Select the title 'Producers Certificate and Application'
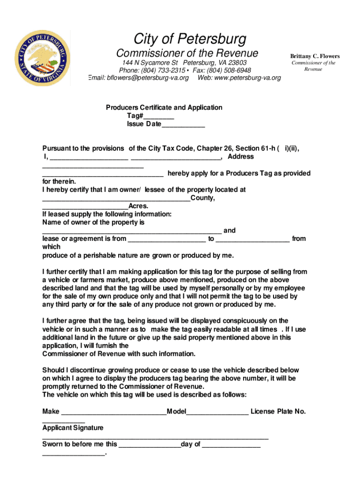pyautogui.click(x=164, y=108)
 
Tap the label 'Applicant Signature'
pyautogui.click(x=73, y=428)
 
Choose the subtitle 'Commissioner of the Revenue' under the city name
pyautogui.click(x=187, y=53)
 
